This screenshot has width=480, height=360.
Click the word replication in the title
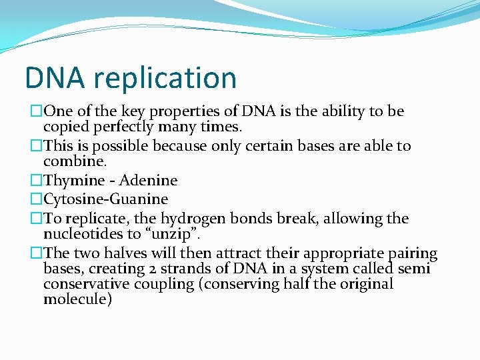[165, 78]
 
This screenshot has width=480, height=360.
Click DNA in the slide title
[55, 77]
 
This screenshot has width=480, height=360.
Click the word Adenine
[148, 181]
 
